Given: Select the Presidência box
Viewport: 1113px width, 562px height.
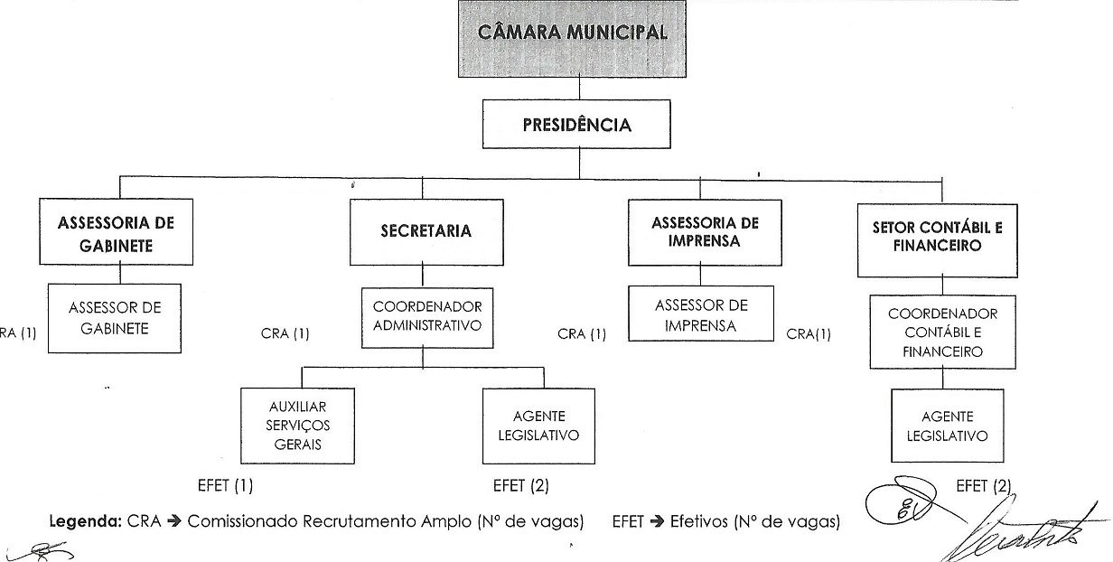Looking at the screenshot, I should (x=577, y=125).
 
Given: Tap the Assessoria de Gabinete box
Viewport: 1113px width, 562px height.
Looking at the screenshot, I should (x=116, y=231).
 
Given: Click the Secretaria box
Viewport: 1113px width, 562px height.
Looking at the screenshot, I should (x=426, y=231).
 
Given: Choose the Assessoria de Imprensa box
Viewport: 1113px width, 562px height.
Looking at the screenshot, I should (x=705, y=231).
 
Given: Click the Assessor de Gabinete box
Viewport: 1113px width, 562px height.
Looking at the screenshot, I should (x=115, y=318).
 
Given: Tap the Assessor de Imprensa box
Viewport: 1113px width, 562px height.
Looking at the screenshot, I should (x=701, y=314).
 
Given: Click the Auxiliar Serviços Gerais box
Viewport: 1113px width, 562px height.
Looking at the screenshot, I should (x=296, y=425).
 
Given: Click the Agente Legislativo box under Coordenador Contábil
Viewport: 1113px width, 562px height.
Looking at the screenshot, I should (x=948, y=426).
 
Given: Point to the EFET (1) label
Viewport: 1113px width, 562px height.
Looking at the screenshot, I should (x=225, y=485).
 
